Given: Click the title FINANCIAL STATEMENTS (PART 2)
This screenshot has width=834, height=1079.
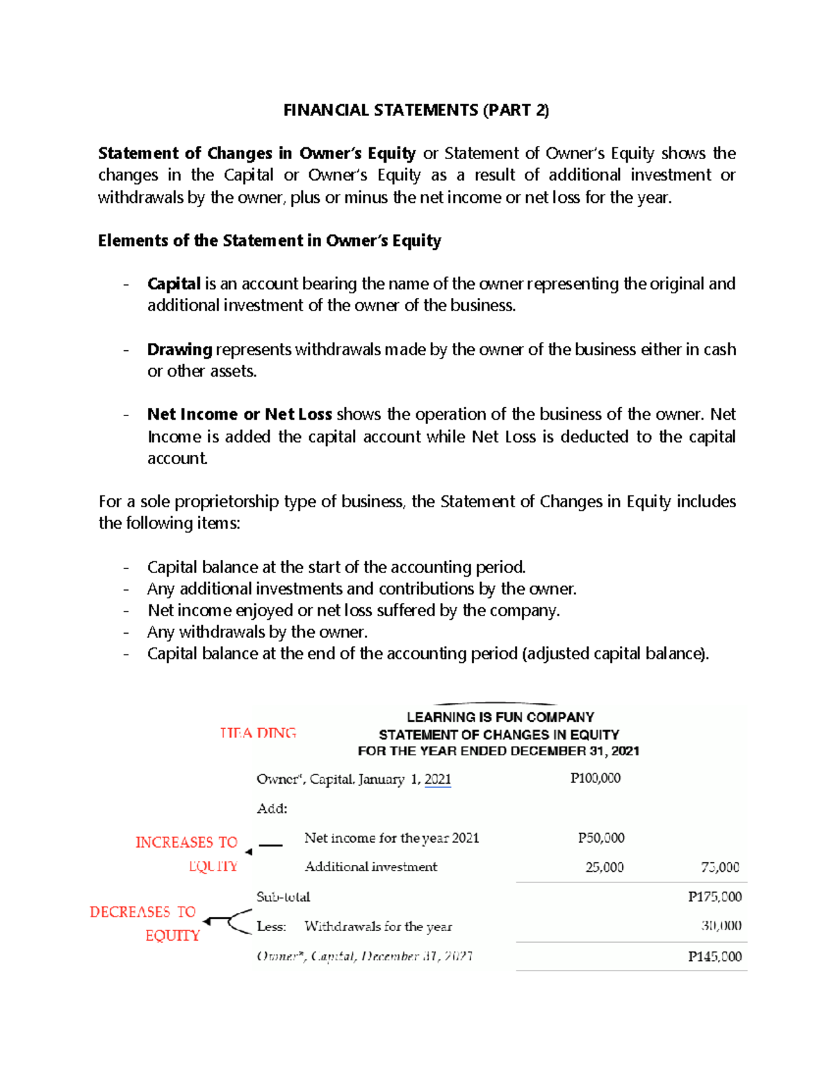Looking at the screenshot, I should [x=416, y=110].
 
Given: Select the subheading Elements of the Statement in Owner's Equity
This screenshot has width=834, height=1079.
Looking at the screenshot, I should [x=270, y=241].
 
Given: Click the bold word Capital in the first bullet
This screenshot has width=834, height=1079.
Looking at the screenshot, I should [x=174, y=284].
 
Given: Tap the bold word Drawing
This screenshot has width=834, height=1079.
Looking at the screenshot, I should [x=179, y=349].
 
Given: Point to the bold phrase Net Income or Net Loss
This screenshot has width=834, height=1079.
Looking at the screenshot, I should [x=239, y=415].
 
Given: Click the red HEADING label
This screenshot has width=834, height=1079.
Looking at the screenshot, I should [x=258, y=733].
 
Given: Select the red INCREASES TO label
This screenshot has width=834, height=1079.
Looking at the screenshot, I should [x=186, y=843].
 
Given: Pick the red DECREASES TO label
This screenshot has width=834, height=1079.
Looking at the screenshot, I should [x=142, y=912].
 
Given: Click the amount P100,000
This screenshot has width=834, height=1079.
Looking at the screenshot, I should [x=595, y=779].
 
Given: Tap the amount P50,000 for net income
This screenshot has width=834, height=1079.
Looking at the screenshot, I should [x=601, y=838].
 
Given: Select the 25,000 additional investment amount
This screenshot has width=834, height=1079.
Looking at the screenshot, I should [x=604, y=867].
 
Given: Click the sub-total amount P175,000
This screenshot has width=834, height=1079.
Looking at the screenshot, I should [x=714, y=897].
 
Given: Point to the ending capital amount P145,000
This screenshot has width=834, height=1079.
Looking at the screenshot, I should [x=714, y=957].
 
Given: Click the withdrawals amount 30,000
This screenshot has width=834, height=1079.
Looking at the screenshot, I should [x=721, y=926].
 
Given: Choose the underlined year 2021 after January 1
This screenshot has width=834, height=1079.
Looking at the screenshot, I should [x=437, y=780].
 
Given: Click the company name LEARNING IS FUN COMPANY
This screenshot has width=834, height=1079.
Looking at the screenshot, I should [x=500, y=717].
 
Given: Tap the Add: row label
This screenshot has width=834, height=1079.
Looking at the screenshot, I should [x=272, y=809].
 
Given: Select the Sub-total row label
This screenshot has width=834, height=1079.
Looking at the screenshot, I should [x=283, y=897].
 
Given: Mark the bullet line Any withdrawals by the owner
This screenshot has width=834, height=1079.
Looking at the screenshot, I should [x=257, y=632].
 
